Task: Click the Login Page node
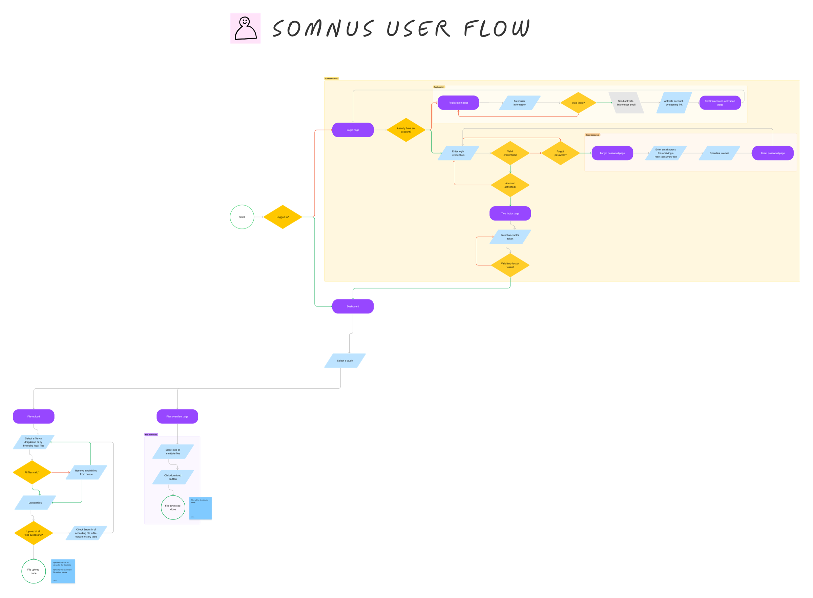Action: tap(353, 130)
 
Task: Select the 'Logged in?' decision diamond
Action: tap(283, 217)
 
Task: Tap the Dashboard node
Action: tap(353, 306)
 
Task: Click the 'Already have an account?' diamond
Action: tap(405, 130)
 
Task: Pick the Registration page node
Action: tap(458, 103)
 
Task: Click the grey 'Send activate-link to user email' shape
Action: tap(626, 103)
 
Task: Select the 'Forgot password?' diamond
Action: tap(560, 153)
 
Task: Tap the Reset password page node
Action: tap(772, 153)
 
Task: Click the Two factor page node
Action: tap(510, 213)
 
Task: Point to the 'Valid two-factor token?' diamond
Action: tap(510, 265)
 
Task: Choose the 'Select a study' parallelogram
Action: tap(345, 360)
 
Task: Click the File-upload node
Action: tap(34, 416)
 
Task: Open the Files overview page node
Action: tap(177, 416)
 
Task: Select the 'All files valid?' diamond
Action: tap(32, 472)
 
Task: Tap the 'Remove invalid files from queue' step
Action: tap(86, 472)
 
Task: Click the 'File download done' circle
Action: tap(173, 508)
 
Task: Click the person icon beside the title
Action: tap(245, 28)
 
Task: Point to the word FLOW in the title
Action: tap(496, 28)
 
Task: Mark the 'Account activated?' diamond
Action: tap(510, 185)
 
